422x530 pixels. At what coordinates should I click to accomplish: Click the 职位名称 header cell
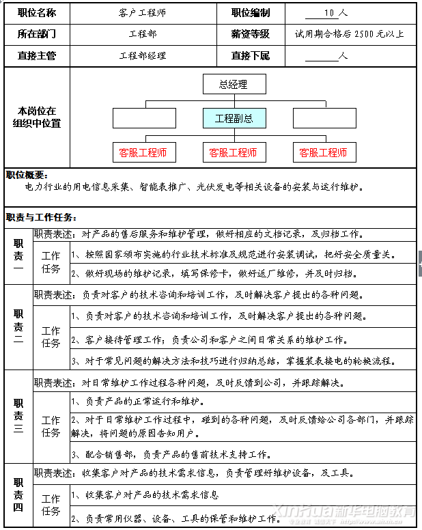click(37, 13)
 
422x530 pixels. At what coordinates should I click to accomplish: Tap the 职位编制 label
click(250, 13)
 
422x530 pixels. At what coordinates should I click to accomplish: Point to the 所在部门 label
click(37, 33)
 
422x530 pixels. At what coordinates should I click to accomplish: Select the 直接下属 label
click(250, 55)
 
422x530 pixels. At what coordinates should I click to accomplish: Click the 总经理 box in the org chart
click(233, 85)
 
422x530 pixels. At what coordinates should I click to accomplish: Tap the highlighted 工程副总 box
click(234, 118)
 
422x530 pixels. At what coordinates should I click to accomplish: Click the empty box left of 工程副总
click(143, 118)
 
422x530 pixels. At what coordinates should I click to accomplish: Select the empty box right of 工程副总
click(324, 118)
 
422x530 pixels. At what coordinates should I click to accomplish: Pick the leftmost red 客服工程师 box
click(143, 152)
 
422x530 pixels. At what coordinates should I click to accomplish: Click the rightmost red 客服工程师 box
click(323, 152)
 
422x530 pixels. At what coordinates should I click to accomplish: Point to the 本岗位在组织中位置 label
click(37, 117)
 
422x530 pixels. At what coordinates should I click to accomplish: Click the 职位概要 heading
click(26, 175)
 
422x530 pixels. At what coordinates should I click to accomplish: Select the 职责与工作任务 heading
click(40, 217)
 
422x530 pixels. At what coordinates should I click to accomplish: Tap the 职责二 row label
click(18, 328)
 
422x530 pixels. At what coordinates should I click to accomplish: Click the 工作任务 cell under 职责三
click(51, 426)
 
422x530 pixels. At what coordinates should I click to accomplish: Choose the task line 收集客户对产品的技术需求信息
click(147, 494)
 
